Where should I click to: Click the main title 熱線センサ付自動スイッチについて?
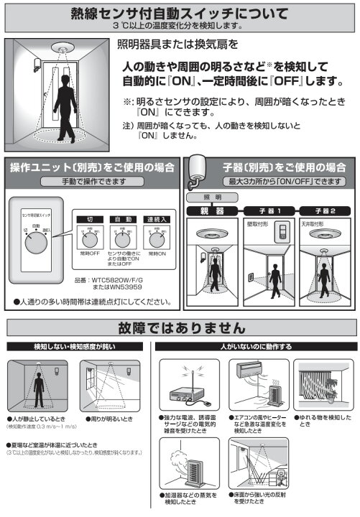tap(180, 13)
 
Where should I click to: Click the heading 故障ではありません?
tap(180, 328)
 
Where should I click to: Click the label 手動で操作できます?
tap(91, 182)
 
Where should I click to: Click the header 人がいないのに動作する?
tap(257, 347)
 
